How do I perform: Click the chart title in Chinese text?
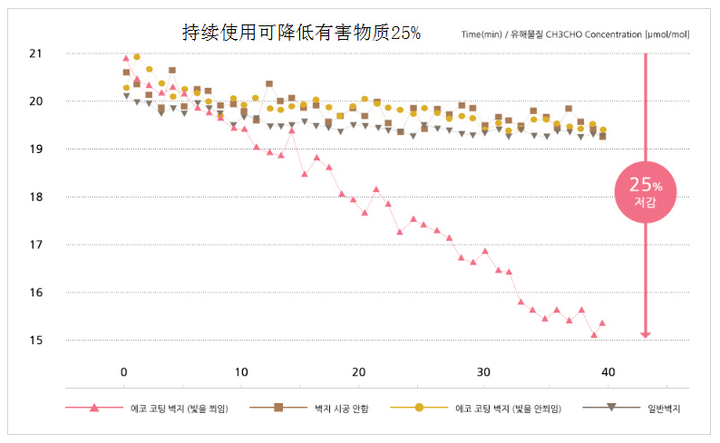[x=302, y=34]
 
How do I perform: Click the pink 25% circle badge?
[x=646, y=189]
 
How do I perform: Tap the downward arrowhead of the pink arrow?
[x=646, y=333]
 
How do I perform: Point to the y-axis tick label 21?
[x=35, y=53]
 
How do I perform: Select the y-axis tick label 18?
[x=35, y=197]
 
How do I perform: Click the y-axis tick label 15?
[x=35, y=341]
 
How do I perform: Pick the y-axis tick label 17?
[x=35, y=245]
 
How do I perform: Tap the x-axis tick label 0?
[x=124, y=371]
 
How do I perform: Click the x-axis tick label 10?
[x=241, y=371]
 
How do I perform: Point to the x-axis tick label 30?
[x=482, y=371]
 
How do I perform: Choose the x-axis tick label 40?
[x=608, y=371]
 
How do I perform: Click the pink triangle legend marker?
[x=94, y=408]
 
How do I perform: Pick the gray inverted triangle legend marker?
[x=613, y=408]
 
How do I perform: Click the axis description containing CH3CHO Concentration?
[x=576, y=34]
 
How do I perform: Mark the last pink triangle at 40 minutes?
[x=602, y=323]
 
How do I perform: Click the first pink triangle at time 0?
[x=126, y=58]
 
